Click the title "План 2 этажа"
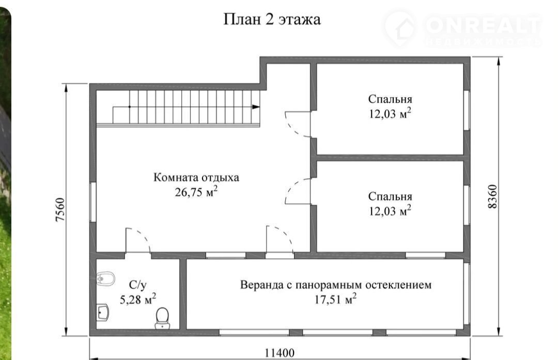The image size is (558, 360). pos(272,19)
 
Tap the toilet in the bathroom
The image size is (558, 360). pos(162,318)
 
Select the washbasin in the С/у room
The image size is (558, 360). pos(102,312)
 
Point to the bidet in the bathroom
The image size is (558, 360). pos(105,279)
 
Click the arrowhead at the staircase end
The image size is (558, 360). pos(256,106)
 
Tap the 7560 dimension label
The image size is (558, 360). pos(60,210)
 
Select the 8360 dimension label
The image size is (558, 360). pos(492,196)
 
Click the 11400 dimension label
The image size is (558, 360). pos(280,353)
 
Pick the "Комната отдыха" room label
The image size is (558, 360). pos(196,177)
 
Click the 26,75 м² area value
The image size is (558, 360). pos(196,192)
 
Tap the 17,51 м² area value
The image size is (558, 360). pos(335,299)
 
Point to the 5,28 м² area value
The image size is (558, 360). pos(138,299)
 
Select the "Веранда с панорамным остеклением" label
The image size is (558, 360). pos(336,285)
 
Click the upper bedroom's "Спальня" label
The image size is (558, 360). pos(390,99)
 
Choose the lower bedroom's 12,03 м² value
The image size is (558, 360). pos(390,211)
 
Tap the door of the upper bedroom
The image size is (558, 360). pos(298,124)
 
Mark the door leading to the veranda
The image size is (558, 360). pos(280,238)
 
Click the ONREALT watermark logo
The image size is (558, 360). pos(462,29)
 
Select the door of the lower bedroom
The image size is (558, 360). pos(298,192)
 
